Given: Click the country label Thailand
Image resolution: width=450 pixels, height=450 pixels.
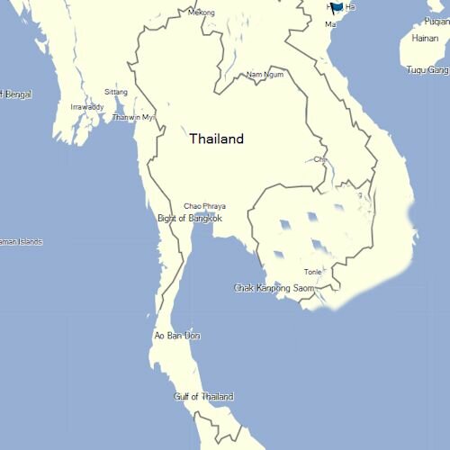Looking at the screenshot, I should pyautogui.click(x=216, y=139).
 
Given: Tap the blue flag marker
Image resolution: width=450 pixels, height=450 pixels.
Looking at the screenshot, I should pyautogui.click(x=337, y=7).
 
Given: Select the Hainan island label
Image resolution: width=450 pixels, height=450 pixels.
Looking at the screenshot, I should pyautogui.click(x=425, y=39).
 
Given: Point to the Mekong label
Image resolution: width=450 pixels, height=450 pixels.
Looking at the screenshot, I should pyautogui.click(x=202, y=13).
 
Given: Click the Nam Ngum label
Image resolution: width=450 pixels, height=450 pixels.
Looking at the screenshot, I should pyautogui.click(x=264, y=75).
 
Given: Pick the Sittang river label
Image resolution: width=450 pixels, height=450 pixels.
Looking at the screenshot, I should pyautogui.click(x=116, y=92).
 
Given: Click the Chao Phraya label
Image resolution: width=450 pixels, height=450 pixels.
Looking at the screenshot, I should pyautogui.click(x=204, y=206).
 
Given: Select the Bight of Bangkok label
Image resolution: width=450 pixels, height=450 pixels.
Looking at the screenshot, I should pyautogui.click(x=190, y=218).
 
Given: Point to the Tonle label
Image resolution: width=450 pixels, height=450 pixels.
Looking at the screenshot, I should pyautogui.click(x=313, y=271).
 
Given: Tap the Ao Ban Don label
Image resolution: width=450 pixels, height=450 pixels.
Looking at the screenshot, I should pyautogui.click(x=176, y=336).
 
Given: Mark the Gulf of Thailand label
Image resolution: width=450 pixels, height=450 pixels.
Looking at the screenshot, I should pyautogui.click(x=203, y=396).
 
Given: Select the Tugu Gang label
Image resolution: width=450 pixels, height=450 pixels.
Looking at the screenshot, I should pyautogui.click(x=427, y=69).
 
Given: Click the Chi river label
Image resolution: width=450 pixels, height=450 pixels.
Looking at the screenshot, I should pyautogui.click(x=319, y=159).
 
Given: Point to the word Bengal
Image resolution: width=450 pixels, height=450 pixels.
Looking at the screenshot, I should pyautogui.click(x=17, y=94).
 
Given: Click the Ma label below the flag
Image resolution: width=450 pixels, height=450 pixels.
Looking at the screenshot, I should pyautogui.click(x=329, y=24).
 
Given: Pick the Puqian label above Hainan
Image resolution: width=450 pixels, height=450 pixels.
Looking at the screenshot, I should pyautogui.click(x=436, y=3).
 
